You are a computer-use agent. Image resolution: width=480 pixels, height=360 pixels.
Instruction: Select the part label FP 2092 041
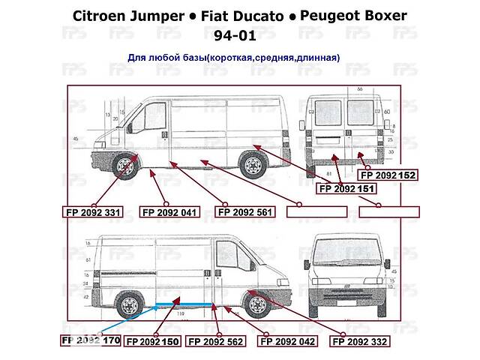click(x=169, y=211)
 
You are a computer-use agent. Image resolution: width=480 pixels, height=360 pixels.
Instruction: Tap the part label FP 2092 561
click(x=245, y=211)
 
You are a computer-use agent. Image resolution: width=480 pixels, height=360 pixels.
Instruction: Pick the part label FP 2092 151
click(x=347, y=188)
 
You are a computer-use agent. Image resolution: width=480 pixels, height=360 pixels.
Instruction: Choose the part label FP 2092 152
click(x=388, y=175)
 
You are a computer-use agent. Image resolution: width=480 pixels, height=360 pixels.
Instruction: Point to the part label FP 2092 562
click(x=215, y=341)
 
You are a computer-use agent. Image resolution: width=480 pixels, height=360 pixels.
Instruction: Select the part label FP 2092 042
click(x=287, y=341)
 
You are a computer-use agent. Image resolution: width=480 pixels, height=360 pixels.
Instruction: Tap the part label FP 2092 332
click(x=361, y=341)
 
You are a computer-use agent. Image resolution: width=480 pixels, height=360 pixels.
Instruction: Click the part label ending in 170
click(x=89, y=340)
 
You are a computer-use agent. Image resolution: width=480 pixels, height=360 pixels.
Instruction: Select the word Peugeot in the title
click(x=340, y=16)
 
